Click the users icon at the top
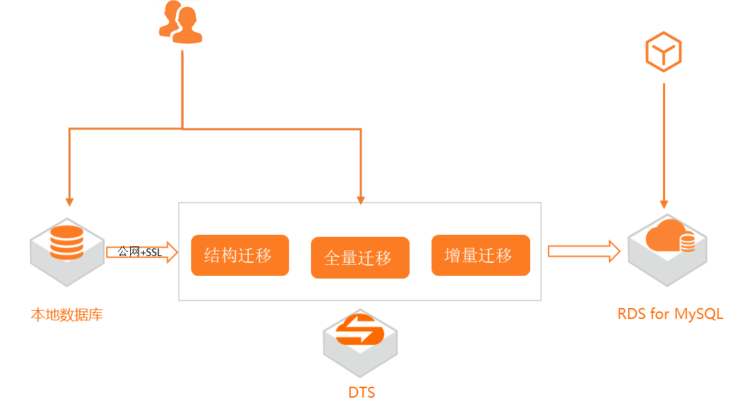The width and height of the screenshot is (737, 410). (181, 23)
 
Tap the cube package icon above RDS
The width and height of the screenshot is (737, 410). (663, 51)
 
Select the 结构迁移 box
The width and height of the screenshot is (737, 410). (240, 255)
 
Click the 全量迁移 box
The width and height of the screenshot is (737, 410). (360, 257)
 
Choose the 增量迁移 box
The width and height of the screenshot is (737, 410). (480, 255)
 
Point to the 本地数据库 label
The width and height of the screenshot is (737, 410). (66, 315)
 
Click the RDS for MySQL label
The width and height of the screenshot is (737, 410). (669, 314)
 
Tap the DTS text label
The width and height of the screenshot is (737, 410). (362, 392)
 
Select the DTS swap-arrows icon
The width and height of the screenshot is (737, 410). (361, 332)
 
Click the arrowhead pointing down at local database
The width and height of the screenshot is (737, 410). (69, 202)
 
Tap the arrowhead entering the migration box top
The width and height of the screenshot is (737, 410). (361, 200)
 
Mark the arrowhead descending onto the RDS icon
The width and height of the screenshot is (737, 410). (663, 204)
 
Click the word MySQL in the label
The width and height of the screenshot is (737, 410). (699, 314)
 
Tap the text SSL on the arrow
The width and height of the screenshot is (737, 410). (154, 252)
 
